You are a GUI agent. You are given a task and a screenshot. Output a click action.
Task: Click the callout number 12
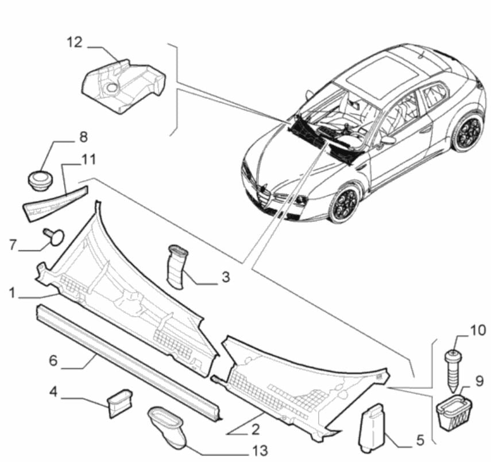click(x=74, y=42)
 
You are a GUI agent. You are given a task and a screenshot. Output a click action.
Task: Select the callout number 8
click(x=84, y=138)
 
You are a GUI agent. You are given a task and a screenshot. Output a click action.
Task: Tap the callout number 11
click(x=88, y=159)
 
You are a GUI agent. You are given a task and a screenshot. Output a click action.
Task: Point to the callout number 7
click(x=12, y=246)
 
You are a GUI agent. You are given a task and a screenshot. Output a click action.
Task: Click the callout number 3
click(x=226, y=277)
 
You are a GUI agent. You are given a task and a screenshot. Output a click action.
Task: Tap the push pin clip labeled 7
click(x=53, y=236)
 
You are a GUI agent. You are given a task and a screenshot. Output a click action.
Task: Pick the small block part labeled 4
click(x=119, y=402)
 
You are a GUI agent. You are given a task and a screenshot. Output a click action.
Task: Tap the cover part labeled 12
click(x=123, y=86)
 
